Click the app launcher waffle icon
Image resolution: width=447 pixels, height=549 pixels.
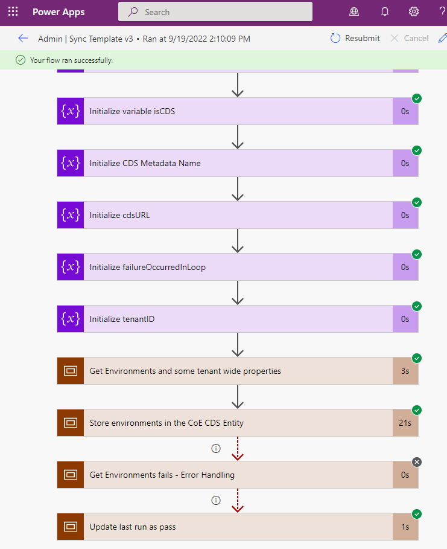point(13,12)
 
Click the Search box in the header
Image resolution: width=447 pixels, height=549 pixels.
point(215,12)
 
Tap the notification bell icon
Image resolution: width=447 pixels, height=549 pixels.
point(385,12)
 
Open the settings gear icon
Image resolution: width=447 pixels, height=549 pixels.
point(414,12)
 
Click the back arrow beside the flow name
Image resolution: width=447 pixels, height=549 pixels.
point(23,39)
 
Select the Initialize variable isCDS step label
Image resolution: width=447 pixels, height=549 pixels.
point(132,111)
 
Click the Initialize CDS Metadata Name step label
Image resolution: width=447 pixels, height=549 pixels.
point(145,163)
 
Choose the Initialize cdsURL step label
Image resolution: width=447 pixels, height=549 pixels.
point(119,215)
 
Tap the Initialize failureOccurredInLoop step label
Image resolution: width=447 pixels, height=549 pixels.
point(147,267)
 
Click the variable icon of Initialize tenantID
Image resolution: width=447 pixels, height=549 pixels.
point(71,319)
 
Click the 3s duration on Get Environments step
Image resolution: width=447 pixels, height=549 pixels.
point(405,371)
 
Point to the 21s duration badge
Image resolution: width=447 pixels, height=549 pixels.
point(405,423)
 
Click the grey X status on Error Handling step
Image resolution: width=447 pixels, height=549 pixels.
point(417,462)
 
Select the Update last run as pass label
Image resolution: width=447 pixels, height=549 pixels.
point(133,527)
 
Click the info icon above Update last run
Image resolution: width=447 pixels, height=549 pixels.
point(215,500)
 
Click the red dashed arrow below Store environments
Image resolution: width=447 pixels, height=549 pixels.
point(238,449)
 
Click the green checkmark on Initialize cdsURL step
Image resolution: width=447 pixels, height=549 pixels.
point(417,202)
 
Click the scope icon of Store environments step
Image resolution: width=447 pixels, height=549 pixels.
point(71,423)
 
